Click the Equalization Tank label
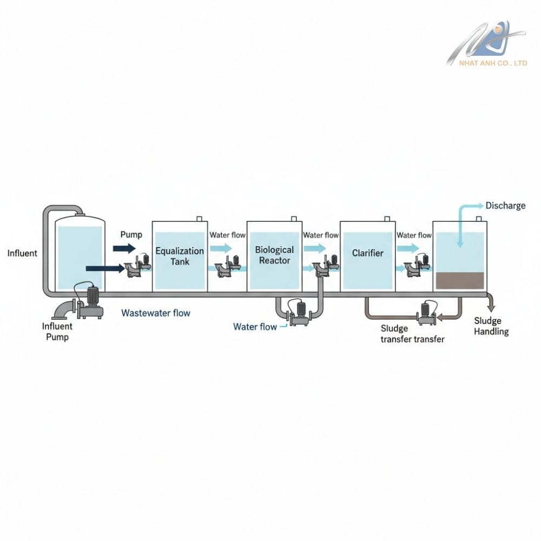click(x=180, y=256)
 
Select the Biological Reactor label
click(x=274, y=255)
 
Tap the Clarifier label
click(x=367, y=253)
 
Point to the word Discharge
click(x=505, y=206)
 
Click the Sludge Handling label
click(x=491, y=326)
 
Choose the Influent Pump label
click(x=57, y=332)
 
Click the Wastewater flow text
click(x=156, y=313)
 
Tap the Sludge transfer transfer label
click(x=412, y=334)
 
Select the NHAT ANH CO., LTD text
click(x=493, y=63)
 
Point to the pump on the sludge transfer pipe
click(x=427, y=313)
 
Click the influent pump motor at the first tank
click(x=91, y=296)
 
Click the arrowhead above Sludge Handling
click(x=491, y=307)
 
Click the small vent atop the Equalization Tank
click(x=199, y=219)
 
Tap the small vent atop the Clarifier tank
click(x=386, y=219)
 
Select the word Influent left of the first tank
click(x=23, y=253)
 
